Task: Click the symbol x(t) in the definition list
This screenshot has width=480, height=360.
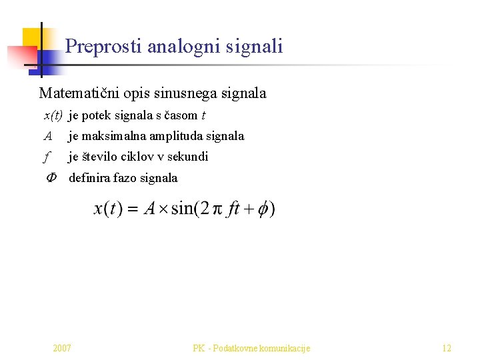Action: (x=53, y=116)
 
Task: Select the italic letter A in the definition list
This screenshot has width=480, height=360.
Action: (x=47, y=137)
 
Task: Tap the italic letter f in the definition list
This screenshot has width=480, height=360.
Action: (x=46, y=157)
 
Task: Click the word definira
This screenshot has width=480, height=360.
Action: (x=91, y=178)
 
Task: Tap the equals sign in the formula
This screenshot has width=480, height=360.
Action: (x=132, y=209)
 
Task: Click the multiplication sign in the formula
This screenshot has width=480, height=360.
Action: (x=163, y=209)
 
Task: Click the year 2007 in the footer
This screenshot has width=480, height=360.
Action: (x=62, y=348)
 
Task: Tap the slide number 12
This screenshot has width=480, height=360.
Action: (x=447, y=348)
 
